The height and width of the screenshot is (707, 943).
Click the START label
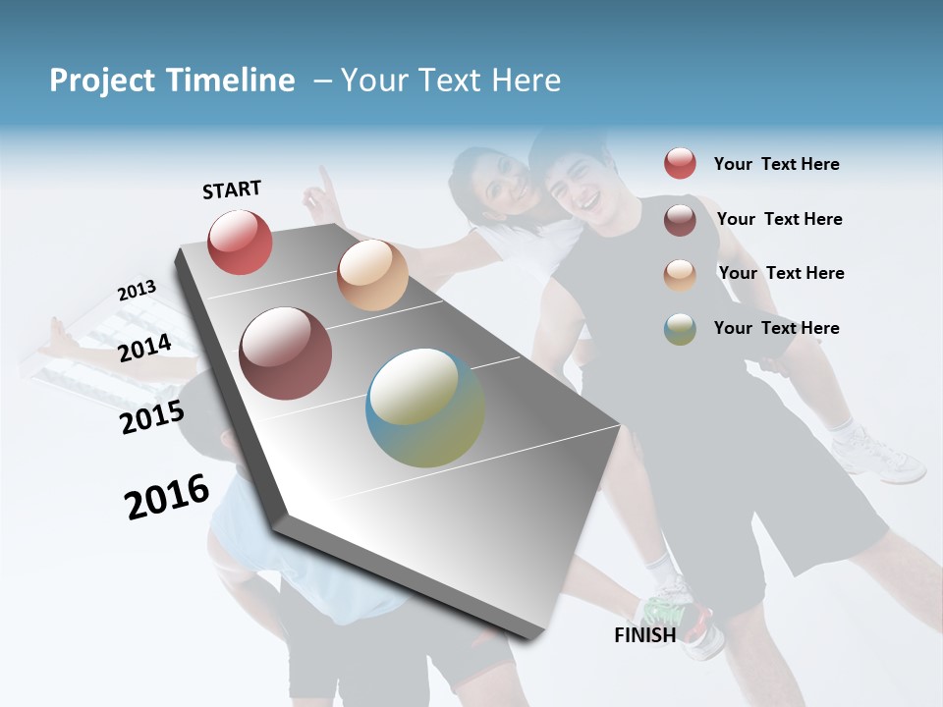coord(232,190)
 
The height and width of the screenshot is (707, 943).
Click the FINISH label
coord(645,635)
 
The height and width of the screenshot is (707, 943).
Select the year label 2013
coord(137,291)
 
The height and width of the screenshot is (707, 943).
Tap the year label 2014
coord(144,348)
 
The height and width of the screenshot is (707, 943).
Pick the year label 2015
coord(151,416)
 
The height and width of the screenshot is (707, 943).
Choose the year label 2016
coord(167,496)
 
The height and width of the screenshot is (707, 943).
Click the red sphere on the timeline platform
coord(240,242)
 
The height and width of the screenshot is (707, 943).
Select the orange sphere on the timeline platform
coord(372,275)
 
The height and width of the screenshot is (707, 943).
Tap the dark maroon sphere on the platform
coord(286,353)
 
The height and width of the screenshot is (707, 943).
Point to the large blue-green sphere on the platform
coord(425,408)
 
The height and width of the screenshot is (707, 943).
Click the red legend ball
coord(680,164)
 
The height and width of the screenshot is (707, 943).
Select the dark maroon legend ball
coord(680,220)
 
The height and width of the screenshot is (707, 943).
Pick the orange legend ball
coord(680,275)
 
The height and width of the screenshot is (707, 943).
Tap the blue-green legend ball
coord(680,329)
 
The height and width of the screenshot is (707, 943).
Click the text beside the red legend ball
coord(776,164)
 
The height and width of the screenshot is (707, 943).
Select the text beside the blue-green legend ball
coord(776,328)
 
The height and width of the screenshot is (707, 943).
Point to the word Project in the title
coord(102,81)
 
